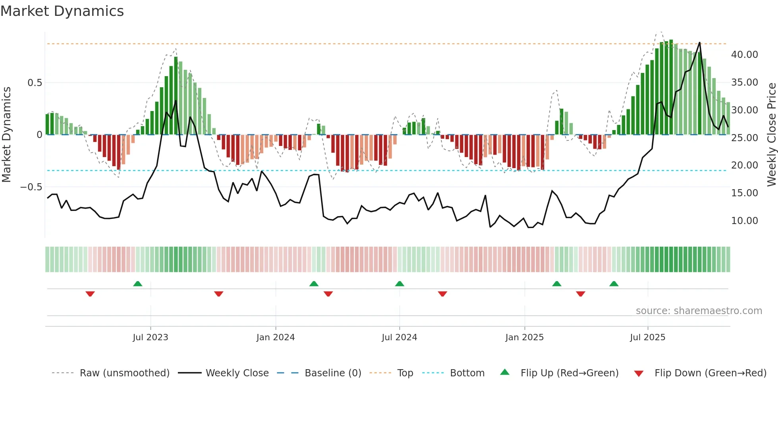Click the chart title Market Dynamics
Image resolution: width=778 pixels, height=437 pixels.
point(62,11)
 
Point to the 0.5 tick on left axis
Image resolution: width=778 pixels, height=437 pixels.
point(35,83)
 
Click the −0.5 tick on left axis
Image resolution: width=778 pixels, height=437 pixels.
point(31,187)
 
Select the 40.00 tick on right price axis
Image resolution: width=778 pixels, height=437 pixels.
point(744,55)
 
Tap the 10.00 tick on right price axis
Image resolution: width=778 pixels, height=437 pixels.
point(744,221)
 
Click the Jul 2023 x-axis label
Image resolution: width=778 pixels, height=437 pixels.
point(150,337)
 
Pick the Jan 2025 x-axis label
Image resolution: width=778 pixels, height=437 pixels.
point(524,337)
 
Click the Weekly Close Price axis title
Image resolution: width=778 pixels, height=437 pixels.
point(771,135)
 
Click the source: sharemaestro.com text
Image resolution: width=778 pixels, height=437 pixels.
point(699,311)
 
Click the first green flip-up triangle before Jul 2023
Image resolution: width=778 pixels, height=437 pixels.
point(138,284)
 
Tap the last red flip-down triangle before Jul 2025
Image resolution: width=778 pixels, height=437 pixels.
point(580,294)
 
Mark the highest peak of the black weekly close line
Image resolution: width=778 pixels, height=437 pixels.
point(699,42)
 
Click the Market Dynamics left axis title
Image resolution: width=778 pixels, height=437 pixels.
point(6,135)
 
